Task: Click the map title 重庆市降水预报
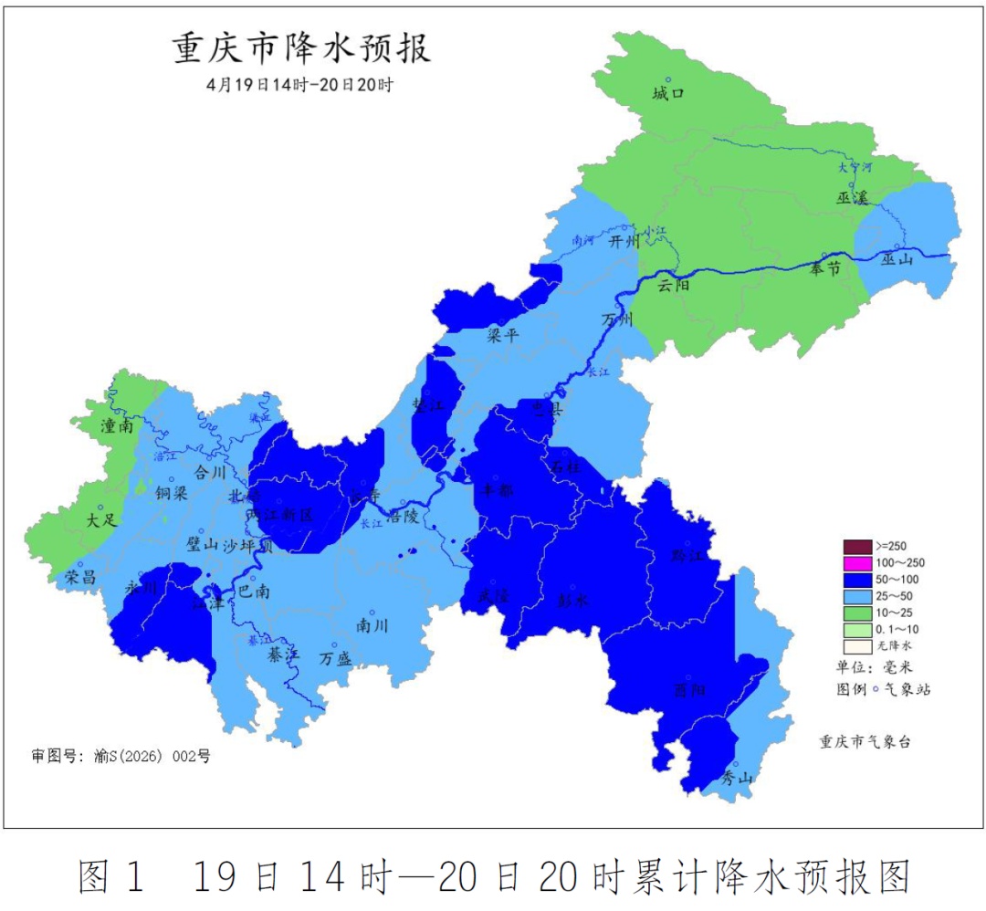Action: (301, 49)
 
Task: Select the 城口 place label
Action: (668, 93)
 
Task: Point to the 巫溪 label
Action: (851, 198)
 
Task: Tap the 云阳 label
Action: (674, 285)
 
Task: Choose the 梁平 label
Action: (503, 335)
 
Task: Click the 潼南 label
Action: (118, 425)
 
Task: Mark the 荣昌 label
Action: (80, 577)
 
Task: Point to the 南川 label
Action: (372, 626)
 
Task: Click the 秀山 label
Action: (737, 778)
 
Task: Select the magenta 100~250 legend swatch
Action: (858, 563)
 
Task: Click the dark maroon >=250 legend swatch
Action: (858, 547)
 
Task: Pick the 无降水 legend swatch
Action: (858, 644)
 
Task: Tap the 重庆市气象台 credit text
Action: (865, 742)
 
